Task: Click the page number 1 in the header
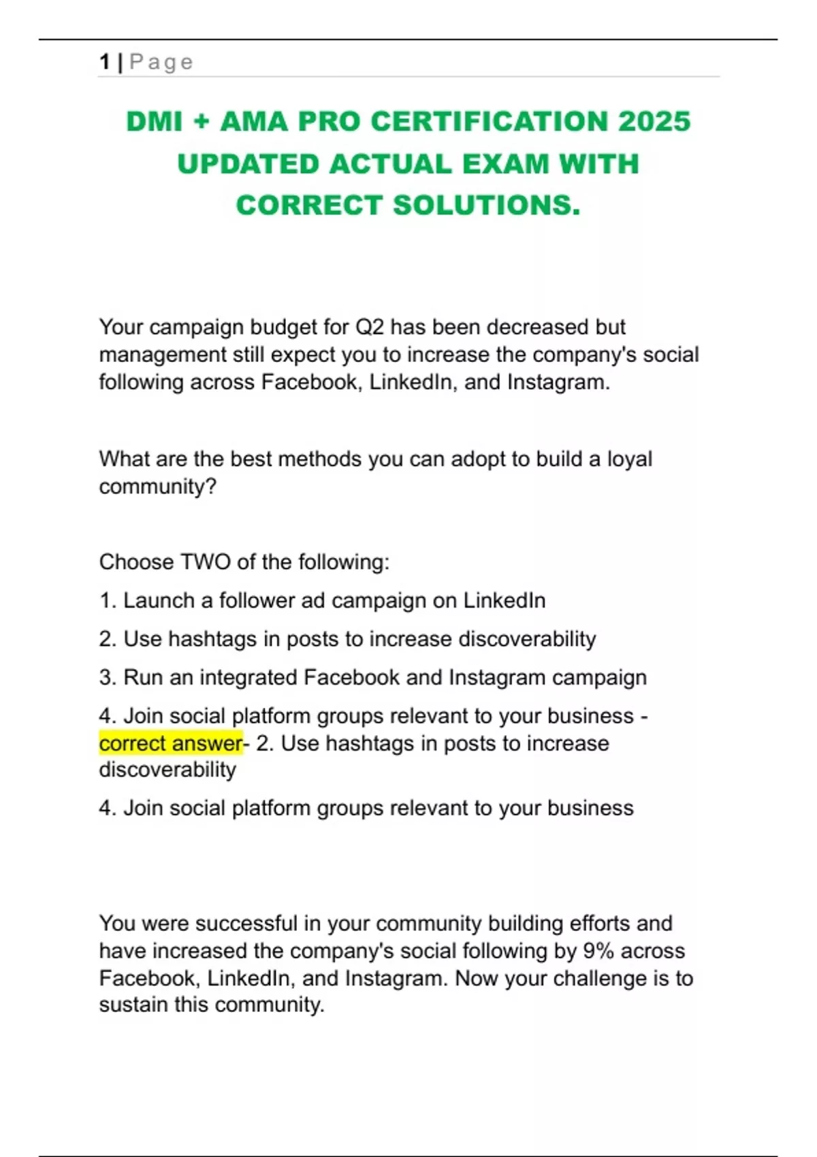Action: pyautogui.click(x=104, y=62)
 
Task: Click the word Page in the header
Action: pyautogui.click(x=161, y=63)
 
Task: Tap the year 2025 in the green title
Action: pyautogui.click(x=654, y=122)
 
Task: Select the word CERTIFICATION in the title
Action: pyautogui.click(x=490, y=122)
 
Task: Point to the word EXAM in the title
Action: pyautogui.click(x=505, y=164)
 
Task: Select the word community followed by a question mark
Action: pyautogui.click(x=157, y=487)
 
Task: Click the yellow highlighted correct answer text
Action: pyautogui.click(x=171, y=743)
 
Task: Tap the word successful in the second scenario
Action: pyautogui.click(x=246, y=924)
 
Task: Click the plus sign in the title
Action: pyautogui.click(x=201, y=122)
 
